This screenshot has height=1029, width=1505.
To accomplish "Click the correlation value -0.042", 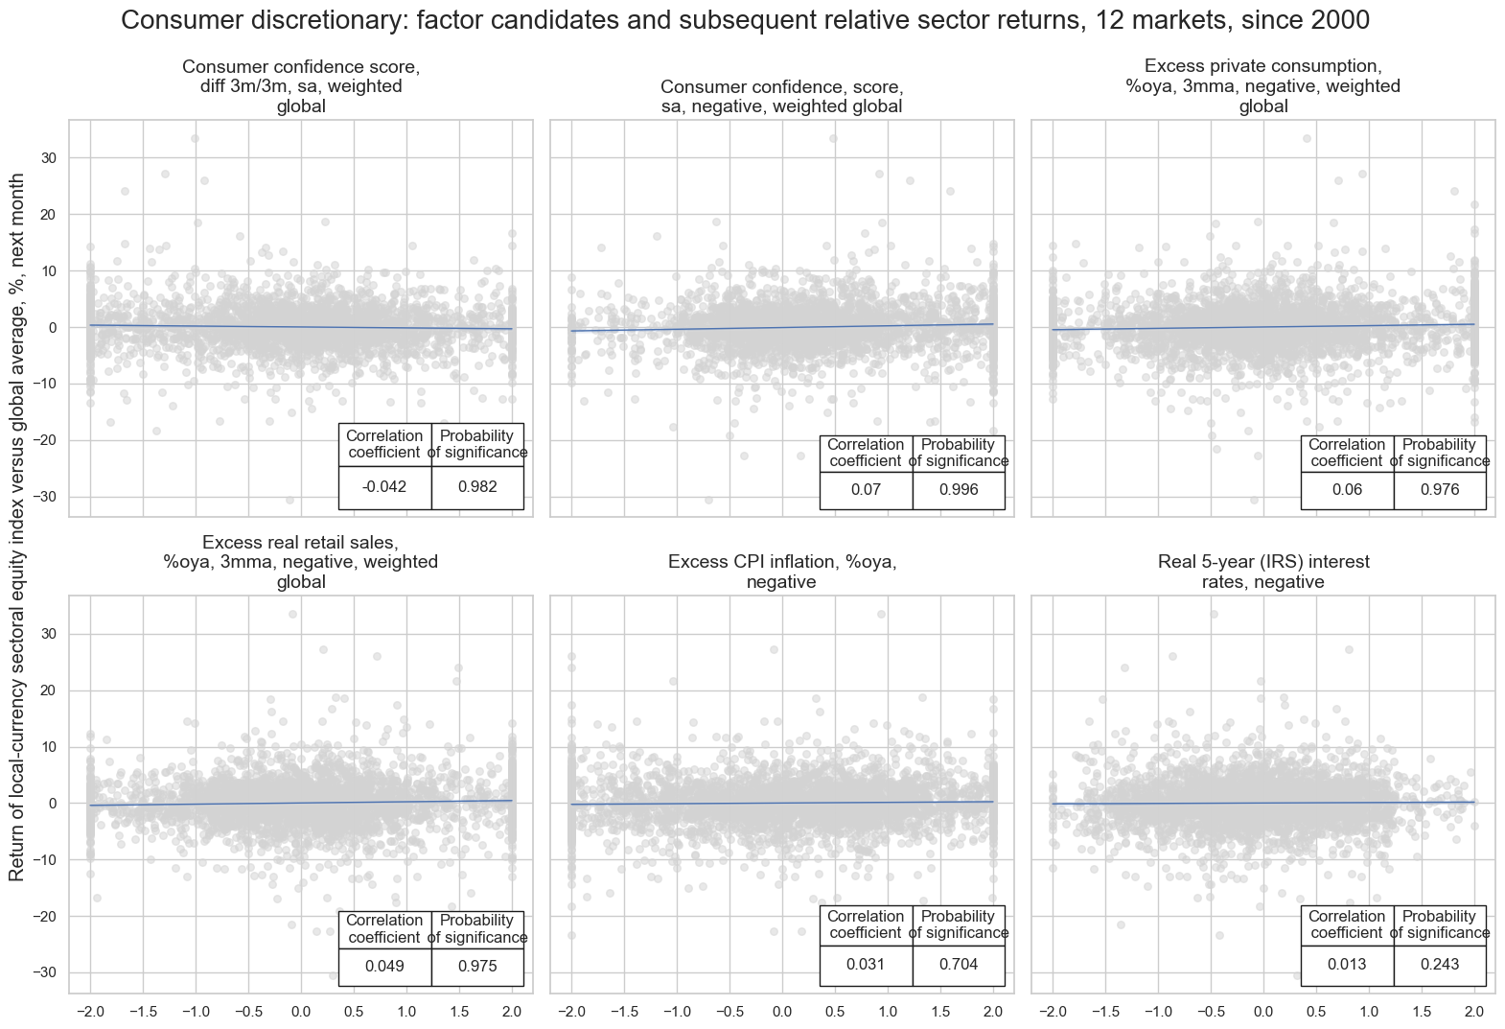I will coord(384,487).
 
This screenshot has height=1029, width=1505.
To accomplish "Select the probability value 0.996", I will coord(958,490).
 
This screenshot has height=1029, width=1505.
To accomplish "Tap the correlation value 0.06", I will coord(1347,490).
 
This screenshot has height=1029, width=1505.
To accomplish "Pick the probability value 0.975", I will coord(477,967).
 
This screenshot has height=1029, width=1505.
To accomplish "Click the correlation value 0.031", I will coord(866,965).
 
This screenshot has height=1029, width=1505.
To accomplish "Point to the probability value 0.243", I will coord(1439,965).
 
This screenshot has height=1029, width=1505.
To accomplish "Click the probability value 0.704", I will coord(958,965).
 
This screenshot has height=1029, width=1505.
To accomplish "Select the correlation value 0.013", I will coord(1347,965).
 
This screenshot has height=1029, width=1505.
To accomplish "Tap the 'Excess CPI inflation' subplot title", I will coord(781,572).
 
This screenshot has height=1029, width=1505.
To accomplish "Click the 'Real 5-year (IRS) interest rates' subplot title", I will coord(1262,572).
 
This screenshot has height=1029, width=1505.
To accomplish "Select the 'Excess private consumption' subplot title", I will coord(1262,86).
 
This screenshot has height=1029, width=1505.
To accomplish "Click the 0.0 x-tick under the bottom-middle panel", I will coord(781,1012).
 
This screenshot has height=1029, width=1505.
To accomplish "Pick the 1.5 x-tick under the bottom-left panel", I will coord(459,1012).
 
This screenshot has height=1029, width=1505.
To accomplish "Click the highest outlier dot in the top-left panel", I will coord(195,138).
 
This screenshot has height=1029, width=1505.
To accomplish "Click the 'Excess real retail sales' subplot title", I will coord(301,562).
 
